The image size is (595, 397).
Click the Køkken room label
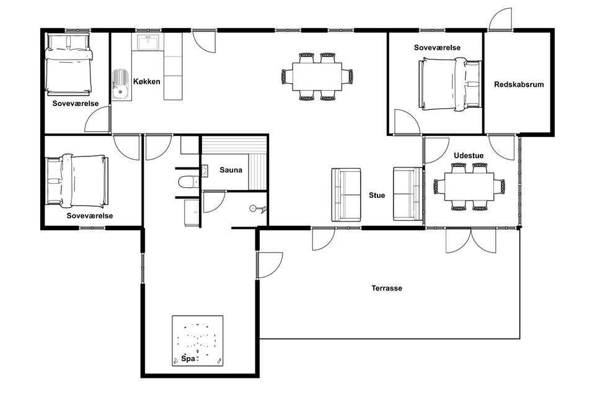(x=146, y=81)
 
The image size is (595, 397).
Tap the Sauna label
(x=231, y=170)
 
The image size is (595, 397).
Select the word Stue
(x=377, y=195)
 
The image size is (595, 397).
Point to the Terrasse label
(x=387, y=288)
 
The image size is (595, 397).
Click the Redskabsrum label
(x=519, y=84)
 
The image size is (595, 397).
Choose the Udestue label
(x=469, y=155)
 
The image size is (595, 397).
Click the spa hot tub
(x=197, y=341)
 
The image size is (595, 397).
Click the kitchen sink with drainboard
(x=121, y=84)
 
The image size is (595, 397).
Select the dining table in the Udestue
(x=469, y=187)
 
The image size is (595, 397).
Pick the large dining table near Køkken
(x=317, y=76)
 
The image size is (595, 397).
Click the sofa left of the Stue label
(x=346, y=195)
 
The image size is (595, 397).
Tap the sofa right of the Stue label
(x=408, y=194)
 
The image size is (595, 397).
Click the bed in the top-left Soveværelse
(x=69, y=65)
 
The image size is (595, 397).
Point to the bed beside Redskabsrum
(x=450, y=84)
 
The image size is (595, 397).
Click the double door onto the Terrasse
(x=470, y=240)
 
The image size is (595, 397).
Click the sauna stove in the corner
(x=205, y=171)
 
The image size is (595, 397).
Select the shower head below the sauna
(x=258, y=209)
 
